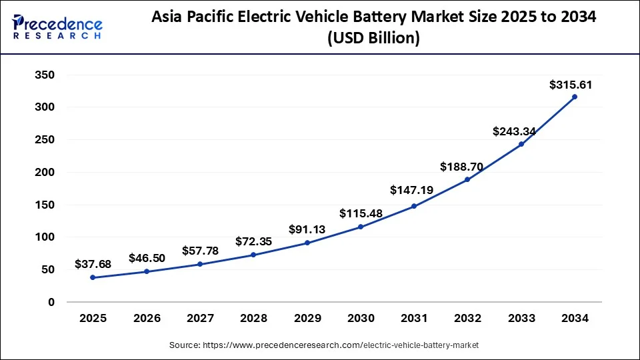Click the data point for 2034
pos(575,97)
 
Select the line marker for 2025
pos(93,277)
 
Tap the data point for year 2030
pos(361,227)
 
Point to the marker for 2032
pos(467,179)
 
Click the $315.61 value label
pos(571,85)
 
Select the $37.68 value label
pos(93,265)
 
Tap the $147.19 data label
pos(411,191)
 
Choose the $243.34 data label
pos(514,131)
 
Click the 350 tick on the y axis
pos(44,75)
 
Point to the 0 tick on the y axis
pos(51,302)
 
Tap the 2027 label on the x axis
pos(200,319)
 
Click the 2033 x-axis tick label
pos(521,319)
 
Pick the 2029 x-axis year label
pos(307,319)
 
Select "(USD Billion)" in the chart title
pos(373,39)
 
